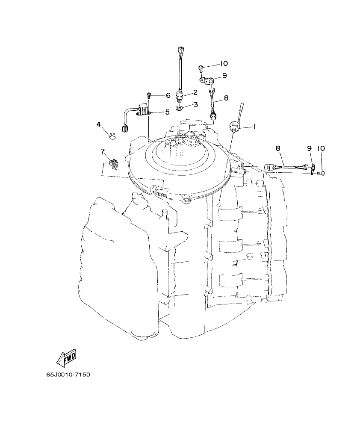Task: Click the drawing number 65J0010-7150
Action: (68, 375)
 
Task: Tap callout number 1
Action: (254, 127)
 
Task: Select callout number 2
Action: (195, 92)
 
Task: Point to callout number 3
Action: (195, 104)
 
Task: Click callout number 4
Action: (99, 124)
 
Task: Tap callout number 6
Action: (168, 95)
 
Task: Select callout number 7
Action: (103, 152)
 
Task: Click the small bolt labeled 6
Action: (148, 95)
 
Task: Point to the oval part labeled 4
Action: (112, 136)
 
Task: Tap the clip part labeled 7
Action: (113, 163)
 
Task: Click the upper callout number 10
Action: (224, 64)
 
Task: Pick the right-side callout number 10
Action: (321, 148)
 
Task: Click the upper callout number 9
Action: (224, 76)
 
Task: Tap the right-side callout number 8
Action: (278, 148)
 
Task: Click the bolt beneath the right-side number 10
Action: (322, 173)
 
